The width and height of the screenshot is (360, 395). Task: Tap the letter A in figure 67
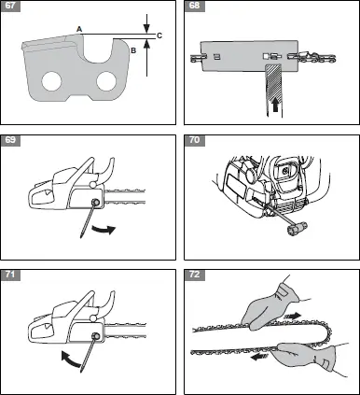pos(80,29)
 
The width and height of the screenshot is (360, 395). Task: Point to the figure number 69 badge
pos(11,142)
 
